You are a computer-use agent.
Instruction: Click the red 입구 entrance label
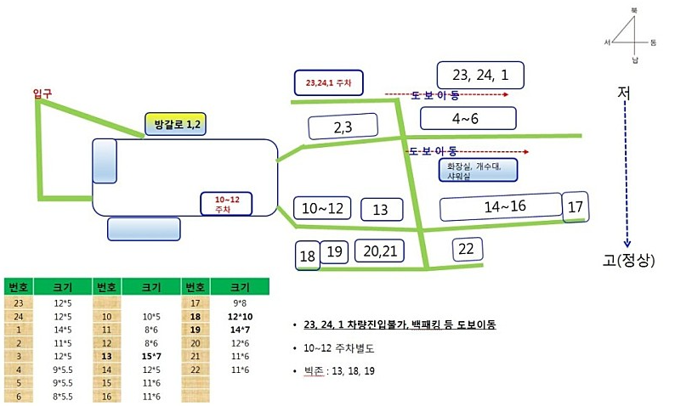pyautogui.click(x=42, y=93)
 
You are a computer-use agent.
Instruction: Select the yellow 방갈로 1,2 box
pyautogui.click(x=177, y=125)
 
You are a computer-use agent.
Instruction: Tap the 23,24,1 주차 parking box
pyautogui.click(x=328, y=82)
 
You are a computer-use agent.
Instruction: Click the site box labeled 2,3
pyautogui.click(x=343, y=127)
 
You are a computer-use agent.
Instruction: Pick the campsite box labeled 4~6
pyautogui.click(x=467, y=117)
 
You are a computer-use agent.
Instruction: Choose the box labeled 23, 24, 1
pyautogui.click(x=481, y=75)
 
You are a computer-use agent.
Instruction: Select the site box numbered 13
pyautogui.click(x=380, y=210)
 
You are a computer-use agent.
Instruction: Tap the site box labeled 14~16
pyautogui.click(x=501, y=207)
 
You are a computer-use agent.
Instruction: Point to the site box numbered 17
pyautogui.click(x=576, y=206)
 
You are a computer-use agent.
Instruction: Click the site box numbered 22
pyautogui.click(x=466, y=249)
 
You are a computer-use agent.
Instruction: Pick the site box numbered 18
pyautogui.click(x=307, y=255)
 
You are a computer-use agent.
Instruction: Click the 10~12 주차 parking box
pyautogui.click(x=226, y=204)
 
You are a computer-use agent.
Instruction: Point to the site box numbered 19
pyautogui.click(x=335, y=251)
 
